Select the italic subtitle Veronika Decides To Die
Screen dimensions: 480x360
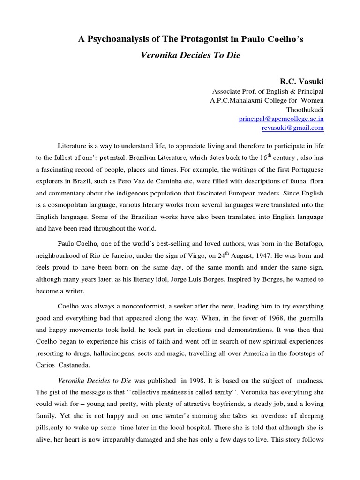tap(190, 55)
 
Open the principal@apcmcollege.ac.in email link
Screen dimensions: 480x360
tap(281, 119)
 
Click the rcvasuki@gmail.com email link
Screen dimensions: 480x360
tap(292, 127)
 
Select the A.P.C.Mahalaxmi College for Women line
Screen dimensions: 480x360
tap(266, 100)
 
